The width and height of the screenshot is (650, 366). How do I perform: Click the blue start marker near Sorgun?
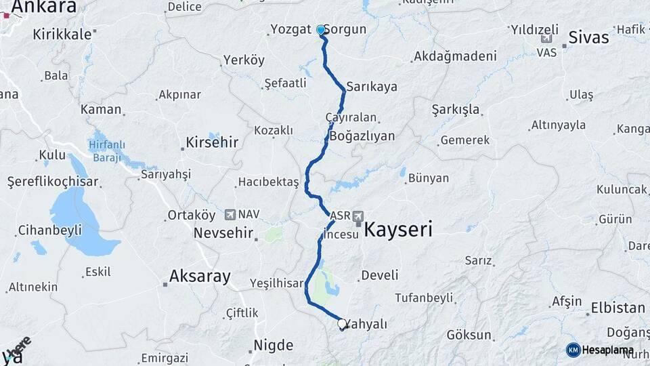pos(321,30)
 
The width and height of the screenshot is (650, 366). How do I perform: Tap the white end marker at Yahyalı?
pos(342,325)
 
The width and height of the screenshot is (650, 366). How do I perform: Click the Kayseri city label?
pos(398,230)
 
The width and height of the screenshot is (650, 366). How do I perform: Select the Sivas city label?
pos(588,37)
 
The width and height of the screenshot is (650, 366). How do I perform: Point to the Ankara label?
pos(43,7)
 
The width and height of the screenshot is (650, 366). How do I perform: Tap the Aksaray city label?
pos(199,277)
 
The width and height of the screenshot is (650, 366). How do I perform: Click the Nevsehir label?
pos(223,233)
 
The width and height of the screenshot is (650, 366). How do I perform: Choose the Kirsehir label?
pos(213,143)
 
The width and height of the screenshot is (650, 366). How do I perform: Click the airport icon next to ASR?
pos(357,216)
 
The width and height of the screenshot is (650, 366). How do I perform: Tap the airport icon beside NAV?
pos(230,215)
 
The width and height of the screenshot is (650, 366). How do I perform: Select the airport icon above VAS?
pos(546,38)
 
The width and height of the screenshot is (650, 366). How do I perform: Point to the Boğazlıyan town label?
pos(362,136)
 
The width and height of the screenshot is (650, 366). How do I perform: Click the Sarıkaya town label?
pos(372,87)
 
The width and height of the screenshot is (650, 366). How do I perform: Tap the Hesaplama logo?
pos(599,350)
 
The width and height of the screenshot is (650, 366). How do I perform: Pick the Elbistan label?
pos(617,308)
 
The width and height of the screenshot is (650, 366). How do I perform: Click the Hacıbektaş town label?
pos(268,182)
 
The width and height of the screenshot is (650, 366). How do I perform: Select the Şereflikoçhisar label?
pos(53,182)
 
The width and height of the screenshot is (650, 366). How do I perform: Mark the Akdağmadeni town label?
pos(454,56)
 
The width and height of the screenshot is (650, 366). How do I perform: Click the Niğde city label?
pos(273,346)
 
